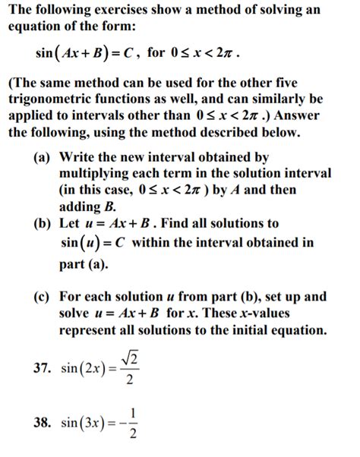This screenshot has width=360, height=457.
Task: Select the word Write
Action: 78,158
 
